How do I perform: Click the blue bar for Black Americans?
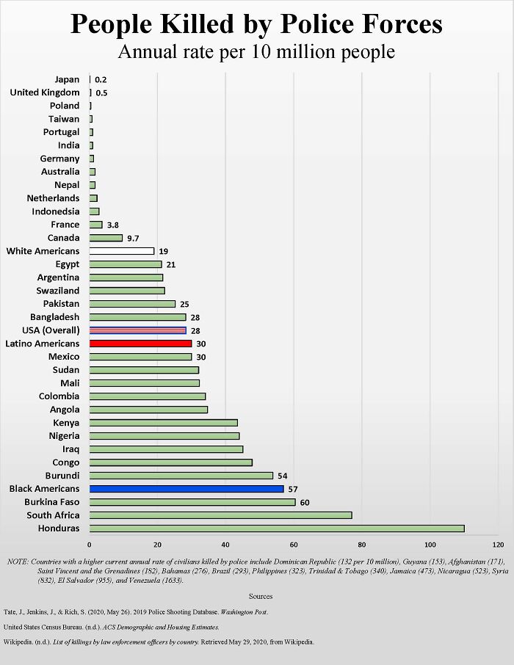[x=186, y=489]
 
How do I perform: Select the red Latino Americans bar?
[x=140, y=344]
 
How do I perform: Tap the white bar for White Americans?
[x=121, y=251]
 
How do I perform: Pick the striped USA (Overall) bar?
[x=137, y=330]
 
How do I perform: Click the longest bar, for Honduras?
[x=276, y=528]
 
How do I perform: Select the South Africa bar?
[x=220, y=515]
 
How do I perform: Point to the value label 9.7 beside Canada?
[x=133, y=239]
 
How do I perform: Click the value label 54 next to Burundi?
[x=282, y=476]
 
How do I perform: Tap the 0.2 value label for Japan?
[x=101, y=79]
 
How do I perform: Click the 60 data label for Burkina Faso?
[x=304, y=502]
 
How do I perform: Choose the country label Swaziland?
[x=57, y=291]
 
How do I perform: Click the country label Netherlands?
[x=53, y=198]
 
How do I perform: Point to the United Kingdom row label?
[x=45, y=92]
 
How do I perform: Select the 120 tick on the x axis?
[x=498, y=545]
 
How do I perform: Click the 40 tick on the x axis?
[x=225, y=545]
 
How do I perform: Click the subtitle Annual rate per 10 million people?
[x=256, y=53]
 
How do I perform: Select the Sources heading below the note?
[x=261, y=597]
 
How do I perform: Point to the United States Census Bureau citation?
[x=111, y=627]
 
